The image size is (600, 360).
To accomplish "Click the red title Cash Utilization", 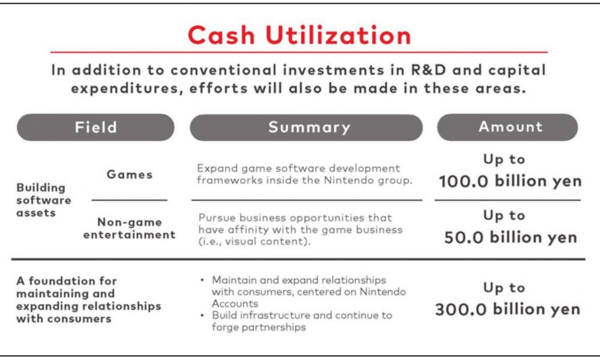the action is point(299,35).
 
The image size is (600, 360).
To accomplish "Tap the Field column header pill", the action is point(95,127).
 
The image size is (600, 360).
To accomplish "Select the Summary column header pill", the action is point(306,127).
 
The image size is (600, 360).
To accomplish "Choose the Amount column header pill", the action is point(508,127).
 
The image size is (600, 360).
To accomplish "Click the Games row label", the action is point(130,175).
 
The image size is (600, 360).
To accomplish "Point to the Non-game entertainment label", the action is point(130,229).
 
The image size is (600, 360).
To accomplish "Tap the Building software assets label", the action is point(44,200).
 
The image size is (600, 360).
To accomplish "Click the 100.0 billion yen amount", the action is point(510,181).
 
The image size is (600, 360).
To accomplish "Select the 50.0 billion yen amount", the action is point(511,238).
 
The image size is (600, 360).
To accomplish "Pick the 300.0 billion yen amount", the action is point(508,309).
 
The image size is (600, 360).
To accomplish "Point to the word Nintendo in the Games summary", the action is point(349,180).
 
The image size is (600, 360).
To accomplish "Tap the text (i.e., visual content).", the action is point(254,241).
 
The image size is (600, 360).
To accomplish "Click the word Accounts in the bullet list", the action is point(235,304).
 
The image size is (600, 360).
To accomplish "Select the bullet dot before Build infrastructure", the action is point(202,316).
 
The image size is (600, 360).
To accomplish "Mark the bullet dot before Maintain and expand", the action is point(202,280).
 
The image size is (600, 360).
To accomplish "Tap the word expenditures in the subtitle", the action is point(124,89).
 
